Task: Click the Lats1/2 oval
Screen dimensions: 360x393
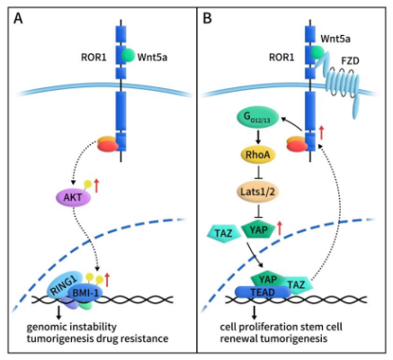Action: [256, 192]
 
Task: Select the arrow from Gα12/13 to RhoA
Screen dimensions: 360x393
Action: [255, 135]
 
